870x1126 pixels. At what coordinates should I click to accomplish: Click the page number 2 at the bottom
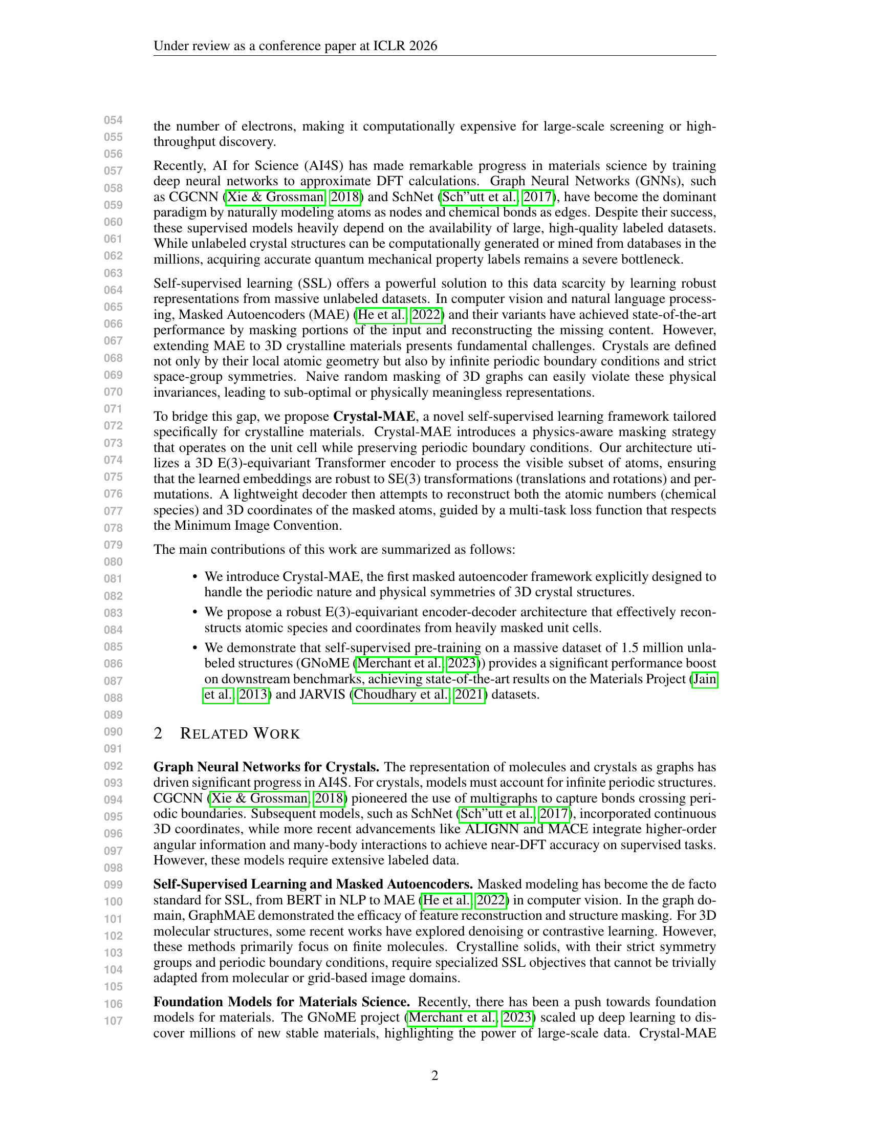434,1075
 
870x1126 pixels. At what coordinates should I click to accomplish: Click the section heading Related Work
240,733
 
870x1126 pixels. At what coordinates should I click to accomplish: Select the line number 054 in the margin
114,120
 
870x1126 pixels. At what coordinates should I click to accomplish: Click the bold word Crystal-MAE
374,416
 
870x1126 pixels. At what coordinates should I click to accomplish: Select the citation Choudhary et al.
401,695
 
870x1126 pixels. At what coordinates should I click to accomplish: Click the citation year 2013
252,695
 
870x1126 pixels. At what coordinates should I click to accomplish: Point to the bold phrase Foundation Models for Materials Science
281,1002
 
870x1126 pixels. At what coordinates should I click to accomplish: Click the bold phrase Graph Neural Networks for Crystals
267,767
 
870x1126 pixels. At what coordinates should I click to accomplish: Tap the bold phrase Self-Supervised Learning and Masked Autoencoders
313,884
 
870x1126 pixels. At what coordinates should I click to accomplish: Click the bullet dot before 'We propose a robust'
195,612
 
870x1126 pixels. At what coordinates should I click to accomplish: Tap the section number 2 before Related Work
158,733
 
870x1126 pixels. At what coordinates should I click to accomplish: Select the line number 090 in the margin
114,731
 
